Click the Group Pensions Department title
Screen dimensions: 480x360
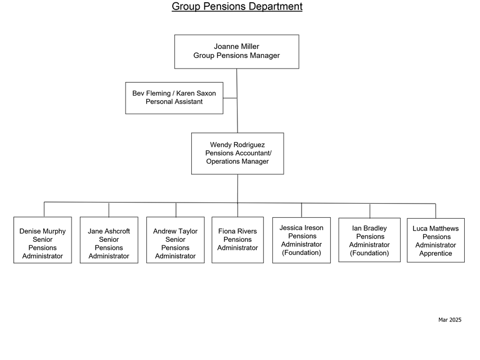point(237,6)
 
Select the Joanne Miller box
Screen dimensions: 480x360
point(237,51)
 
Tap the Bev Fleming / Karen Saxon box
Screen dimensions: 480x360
point(174,98)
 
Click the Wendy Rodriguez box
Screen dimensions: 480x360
point(237,154)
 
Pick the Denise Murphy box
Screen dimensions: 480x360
point(43,240)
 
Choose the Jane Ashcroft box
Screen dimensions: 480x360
point(109,240)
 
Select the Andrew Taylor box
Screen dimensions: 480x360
point(176,240)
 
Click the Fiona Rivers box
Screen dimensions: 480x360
point(237,240)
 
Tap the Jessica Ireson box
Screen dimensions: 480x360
point(302,240)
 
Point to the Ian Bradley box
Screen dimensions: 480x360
point(370,240)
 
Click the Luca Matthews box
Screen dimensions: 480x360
point(436,240)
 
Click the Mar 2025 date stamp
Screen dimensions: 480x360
point(450,319)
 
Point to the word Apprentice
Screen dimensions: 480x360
point(436,254)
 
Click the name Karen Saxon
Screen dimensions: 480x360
point(196,93)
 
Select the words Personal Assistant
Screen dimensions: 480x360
point(174,102)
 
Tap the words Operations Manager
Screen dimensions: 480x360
point(237,161)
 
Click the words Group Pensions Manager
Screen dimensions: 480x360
point(236,56)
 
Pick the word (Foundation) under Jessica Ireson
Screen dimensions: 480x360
point(302,253)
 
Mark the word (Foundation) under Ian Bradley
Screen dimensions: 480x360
point(370,253)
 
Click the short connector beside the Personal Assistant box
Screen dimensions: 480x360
point(230,98)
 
